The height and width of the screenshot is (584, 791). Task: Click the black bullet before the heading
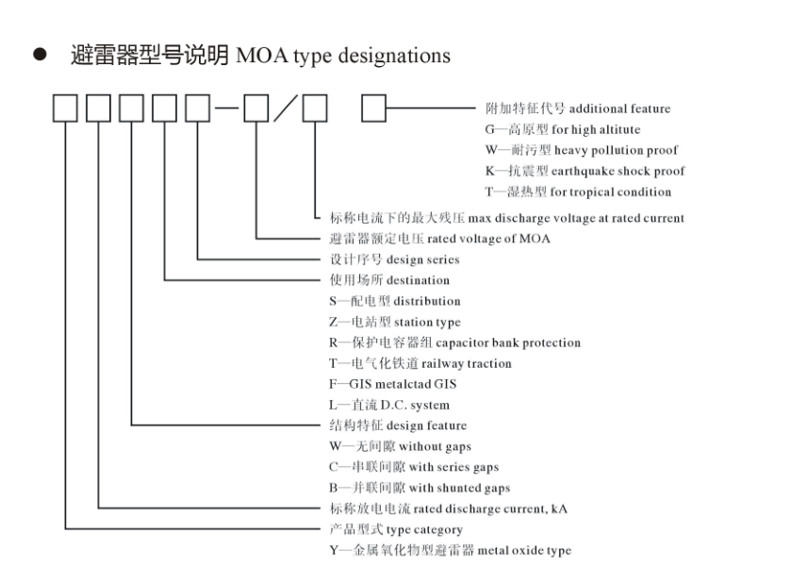pos(40,57)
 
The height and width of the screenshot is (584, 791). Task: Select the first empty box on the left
pos(65,111)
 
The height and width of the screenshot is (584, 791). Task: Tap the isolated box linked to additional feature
pos(375,111)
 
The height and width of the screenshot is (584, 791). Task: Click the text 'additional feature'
pos(619,108)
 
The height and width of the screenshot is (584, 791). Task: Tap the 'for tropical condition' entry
pos(611,192)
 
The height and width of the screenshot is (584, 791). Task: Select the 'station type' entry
pos(428,322)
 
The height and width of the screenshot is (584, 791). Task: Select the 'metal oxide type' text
pos(524,550)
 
